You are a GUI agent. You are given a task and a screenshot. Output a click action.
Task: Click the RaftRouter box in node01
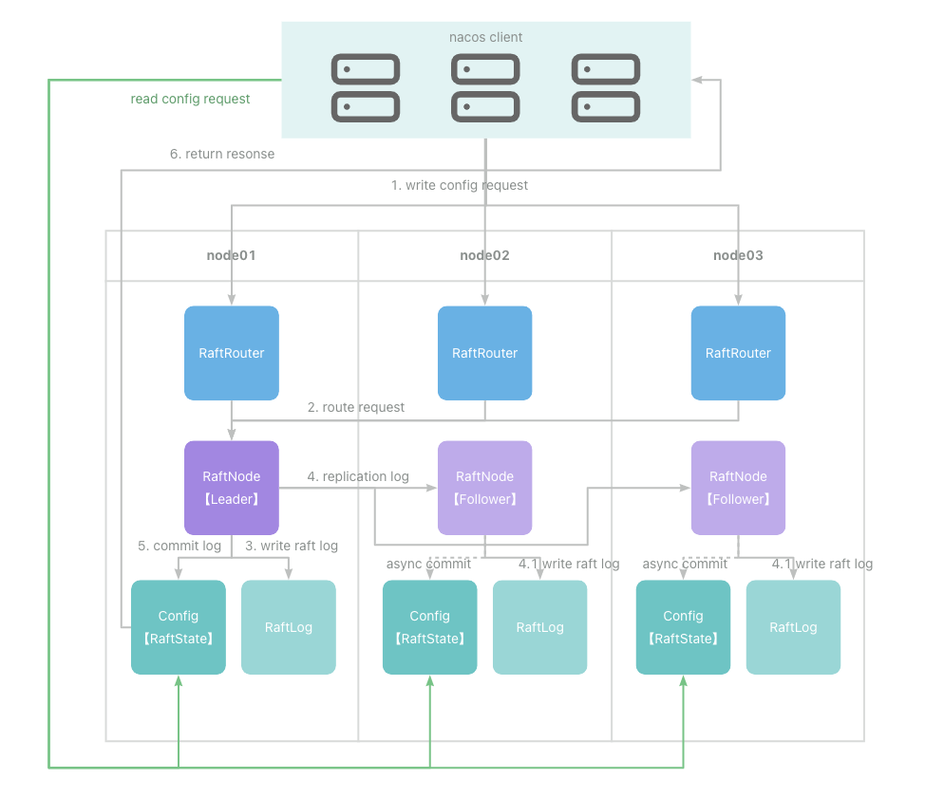[x=232, y=353]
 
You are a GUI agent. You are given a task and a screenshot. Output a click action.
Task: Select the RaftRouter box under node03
[x=738, y=353]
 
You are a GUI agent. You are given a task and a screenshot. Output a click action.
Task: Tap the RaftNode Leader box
[x=232, y=488]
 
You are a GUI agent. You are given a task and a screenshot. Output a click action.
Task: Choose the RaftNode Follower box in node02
[x=485, y=488]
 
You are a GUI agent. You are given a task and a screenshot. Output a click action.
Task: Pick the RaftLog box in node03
[x=793, y=627]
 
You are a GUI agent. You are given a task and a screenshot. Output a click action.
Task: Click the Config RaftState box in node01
[x=179, y=627]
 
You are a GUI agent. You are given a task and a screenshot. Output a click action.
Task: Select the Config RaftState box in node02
[x=430, y=627]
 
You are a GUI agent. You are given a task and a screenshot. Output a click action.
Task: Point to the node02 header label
[x=485, y=255]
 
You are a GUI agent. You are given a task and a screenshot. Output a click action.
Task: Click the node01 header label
[x=232, y=255]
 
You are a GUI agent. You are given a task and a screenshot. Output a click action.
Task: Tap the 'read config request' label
[x=190, y=99]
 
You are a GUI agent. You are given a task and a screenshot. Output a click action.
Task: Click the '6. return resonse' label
[x=222, y=154]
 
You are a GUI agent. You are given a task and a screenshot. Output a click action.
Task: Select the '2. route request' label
[x=356, y=407]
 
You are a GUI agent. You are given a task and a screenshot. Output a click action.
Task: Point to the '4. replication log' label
[x=358, y=476]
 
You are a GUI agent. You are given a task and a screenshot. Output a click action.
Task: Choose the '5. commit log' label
[x=179, y=546]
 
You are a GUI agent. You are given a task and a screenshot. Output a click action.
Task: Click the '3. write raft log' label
[x=292, y=546]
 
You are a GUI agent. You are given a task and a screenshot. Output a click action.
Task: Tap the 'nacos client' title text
[x=485, y=37]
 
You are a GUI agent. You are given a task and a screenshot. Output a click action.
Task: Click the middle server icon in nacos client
[x=485, y=88]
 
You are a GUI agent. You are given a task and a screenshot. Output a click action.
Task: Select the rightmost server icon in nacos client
[x=606, y=88]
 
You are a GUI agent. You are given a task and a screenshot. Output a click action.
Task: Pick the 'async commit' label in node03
[x=685, y=565]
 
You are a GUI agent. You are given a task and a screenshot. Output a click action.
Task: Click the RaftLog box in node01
[x=289, y=627]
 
